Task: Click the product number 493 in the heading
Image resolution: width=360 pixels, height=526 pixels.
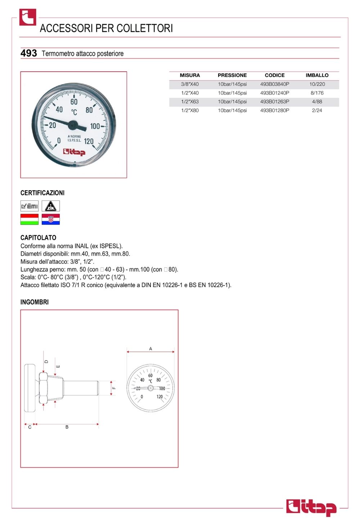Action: (28, 53)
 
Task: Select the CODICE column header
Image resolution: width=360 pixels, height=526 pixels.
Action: (274, 75)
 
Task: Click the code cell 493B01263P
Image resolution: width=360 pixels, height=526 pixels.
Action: (274, 102)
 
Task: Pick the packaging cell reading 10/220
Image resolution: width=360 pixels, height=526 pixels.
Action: (317, 84)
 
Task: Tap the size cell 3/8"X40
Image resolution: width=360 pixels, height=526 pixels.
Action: (190, 84)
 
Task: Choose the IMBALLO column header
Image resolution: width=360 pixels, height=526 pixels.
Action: (317, 75)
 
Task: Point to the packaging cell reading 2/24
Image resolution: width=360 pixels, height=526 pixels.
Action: (317, 110)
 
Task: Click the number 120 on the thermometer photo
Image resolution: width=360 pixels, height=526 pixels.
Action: (89, 141)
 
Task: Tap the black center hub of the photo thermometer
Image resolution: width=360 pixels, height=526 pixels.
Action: (73, 125)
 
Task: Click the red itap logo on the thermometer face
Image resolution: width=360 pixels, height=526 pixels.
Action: (74, 152)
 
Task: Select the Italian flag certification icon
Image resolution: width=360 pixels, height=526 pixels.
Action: (30, 219)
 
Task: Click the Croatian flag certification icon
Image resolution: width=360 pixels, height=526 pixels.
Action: (51, 219)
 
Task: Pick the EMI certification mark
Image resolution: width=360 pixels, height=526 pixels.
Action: (30, 206)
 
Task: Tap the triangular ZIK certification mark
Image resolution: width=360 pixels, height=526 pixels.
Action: (51, 206)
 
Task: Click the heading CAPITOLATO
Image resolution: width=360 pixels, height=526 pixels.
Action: (38, 237)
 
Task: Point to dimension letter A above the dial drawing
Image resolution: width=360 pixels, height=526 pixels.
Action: (150, 349)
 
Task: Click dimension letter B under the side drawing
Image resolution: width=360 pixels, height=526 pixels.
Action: (67, 427)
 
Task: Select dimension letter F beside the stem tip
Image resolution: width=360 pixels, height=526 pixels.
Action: (114, 388)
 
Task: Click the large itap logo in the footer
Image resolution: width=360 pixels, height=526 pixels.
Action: (311, 507)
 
